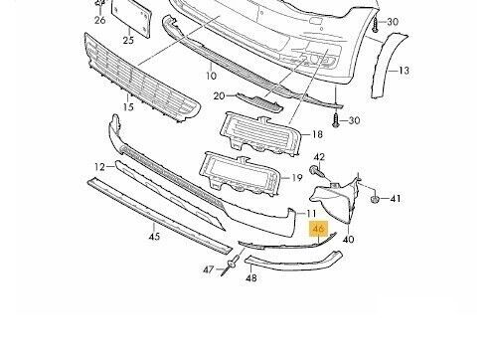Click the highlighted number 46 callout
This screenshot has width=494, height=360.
[x=318, y=229]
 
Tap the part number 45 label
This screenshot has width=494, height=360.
[x=154, y=237]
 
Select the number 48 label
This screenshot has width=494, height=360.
[x=251, y=277]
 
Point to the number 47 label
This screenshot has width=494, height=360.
[x=209, y=270]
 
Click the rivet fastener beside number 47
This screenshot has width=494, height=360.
[x=231, y=266]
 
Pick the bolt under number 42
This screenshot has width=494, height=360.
[x=317, y=172]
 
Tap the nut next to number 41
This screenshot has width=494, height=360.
[x=375, y=199]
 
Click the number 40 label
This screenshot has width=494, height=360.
[x=348, y=239]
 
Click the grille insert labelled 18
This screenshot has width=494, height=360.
[x=260, y=135]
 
